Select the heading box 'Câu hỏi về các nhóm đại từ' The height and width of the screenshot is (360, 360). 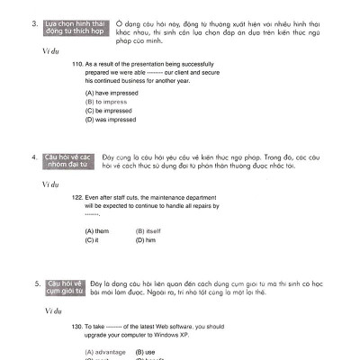pos(67,160)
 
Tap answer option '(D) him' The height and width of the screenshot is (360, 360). pos(146,240)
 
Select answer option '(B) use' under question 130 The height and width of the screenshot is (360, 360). pos(144,349)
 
